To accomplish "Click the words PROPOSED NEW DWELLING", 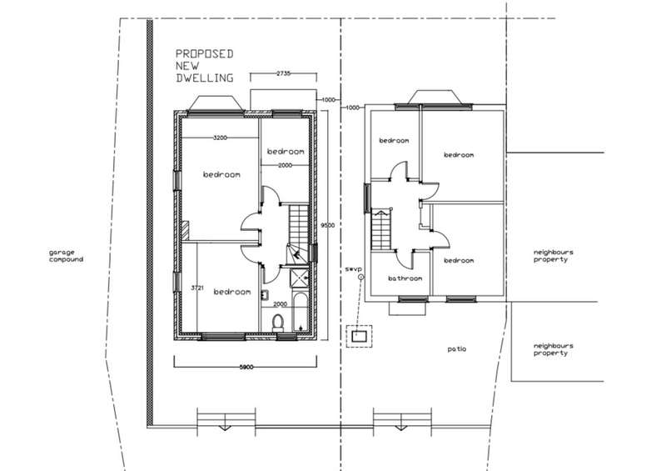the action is coord(205,66).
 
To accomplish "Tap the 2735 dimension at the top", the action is coord(283,73).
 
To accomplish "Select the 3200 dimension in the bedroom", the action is coord(220,138).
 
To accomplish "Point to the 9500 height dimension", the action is coord(327,225).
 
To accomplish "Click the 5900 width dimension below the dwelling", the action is coord(246,367).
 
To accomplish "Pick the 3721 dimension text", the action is coord(197,288).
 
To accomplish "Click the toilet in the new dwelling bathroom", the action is coord(278,323).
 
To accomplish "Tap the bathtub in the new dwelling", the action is coord(300,312).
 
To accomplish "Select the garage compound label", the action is coord(66,256).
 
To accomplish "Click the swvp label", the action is coord(353,269).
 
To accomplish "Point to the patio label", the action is coord(456,349).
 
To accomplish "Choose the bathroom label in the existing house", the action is coord(405,278).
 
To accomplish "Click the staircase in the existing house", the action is coord(381,230).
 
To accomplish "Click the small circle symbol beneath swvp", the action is coord(361,277).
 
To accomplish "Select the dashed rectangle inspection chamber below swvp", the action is coord(359,337).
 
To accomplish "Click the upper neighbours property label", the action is coord(553,256).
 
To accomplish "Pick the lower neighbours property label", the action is coord(553,349).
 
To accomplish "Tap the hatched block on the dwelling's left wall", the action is coord(185,231).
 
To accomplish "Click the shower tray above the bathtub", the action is coord(300,278).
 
